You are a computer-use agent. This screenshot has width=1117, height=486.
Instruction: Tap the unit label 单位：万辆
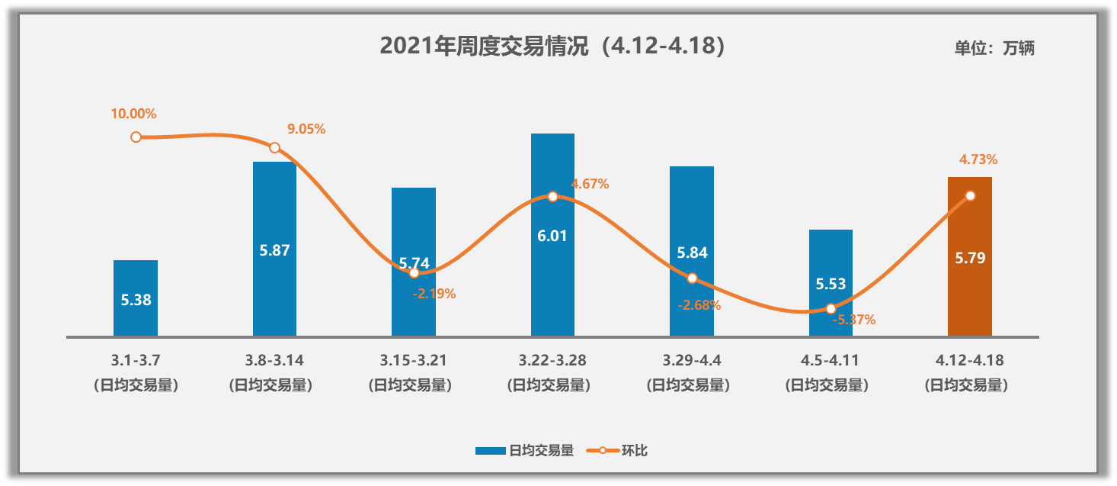click(x=994, y=48)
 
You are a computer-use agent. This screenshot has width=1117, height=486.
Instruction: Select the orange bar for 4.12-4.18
click(x=969, y=290)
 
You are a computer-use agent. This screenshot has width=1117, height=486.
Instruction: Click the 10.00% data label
click(x=133, y=114)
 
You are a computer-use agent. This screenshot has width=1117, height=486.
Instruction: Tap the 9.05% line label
click(x=306, y=129)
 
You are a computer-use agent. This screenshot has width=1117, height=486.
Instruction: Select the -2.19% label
click(x=434, y=294)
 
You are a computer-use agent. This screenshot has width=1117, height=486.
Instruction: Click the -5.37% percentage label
click(x=853, y=320)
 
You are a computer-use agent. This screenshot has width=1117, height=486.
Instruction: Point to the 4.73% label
click(x=978, y=159)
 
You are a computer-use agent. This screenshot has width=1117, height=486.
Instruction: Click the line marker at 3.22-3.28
click(x=552, y=196)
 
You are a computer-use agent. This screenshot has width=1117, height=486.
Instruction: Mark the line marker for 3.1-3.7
click(x=136, y=137)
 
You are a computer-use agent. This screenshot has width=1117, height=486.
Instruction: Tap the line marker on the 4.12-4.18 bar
click(x=970, y=195)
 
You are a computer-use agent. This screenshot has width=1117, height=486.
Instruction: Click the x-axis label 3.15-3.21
click(x=413, y=360)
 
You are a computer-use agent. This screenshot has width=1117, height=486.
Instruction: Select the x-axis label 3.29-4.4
click(x=691, y=360)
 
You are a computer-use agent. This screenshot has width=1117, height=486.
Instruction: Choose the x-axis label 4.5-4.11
click(x=831, y=360)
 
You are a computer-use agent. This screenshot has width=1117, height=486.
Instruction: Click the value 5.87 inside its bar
click(x=274, y=250)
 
